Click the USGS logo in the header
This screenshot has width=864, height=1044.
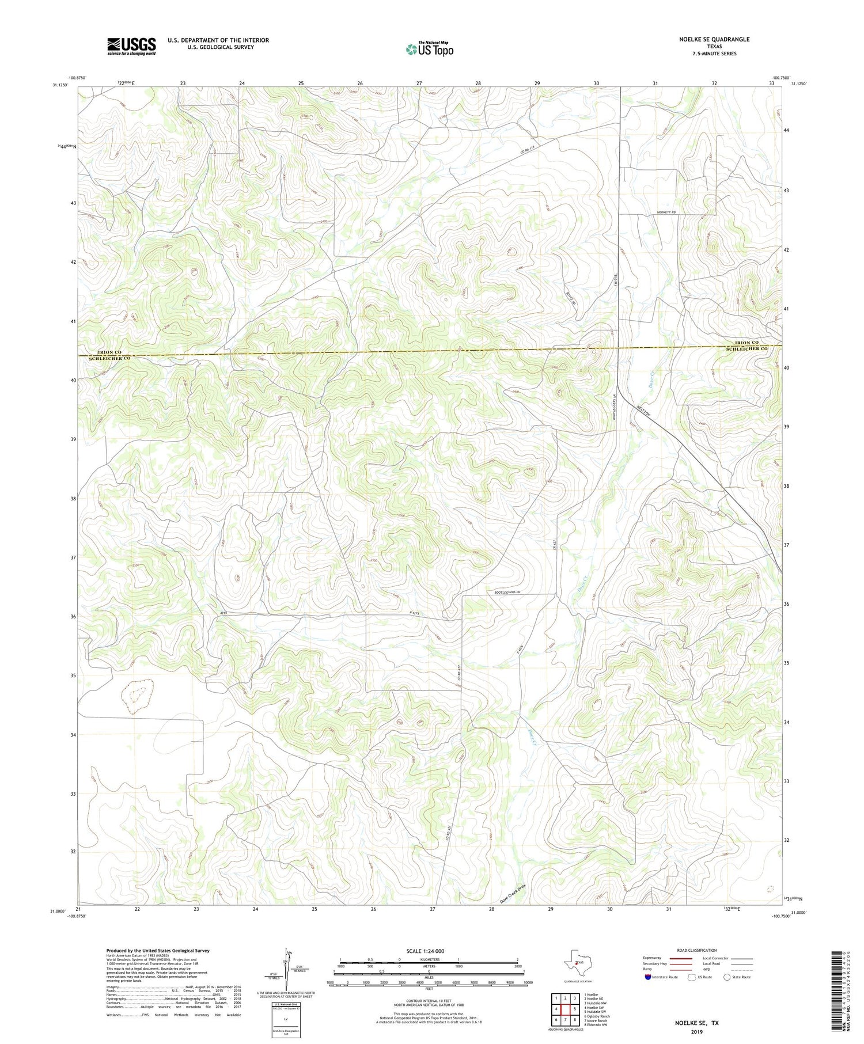coord(131,46)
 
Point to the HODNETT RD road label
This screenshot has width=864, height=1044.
coord(665,212)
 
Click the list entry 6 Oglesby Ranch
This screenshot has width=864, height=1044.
coord(596,1016)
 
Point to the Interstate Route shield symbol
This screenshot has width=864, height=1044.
coord(648,977)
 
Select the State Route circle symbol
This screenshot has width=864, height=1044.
coord(727,977)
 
